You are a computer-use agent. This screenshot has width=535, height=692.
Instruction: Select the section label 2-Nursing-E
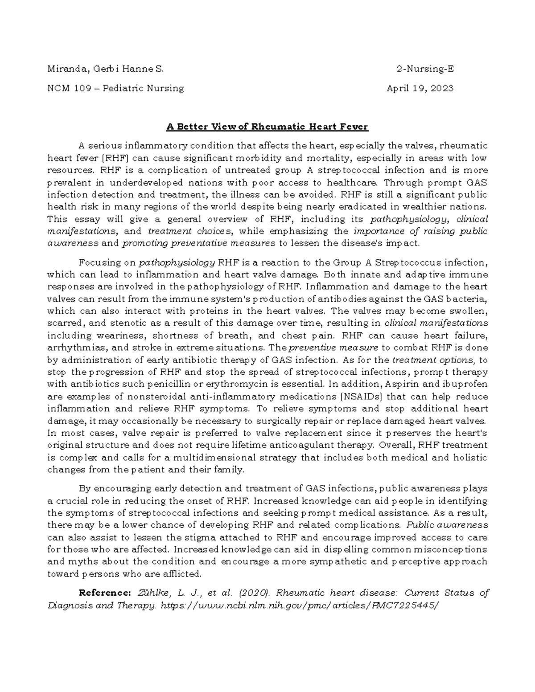click(425, 69)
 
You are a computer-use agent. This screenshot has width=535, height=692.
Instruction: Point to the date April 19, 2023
click(420, 88)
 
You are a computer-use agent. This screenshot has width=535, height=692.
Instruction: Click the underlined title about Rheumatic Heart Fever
click(267, 127)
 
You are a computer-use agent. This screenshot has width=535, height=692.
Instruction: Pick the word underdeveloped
click(146, 182)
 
